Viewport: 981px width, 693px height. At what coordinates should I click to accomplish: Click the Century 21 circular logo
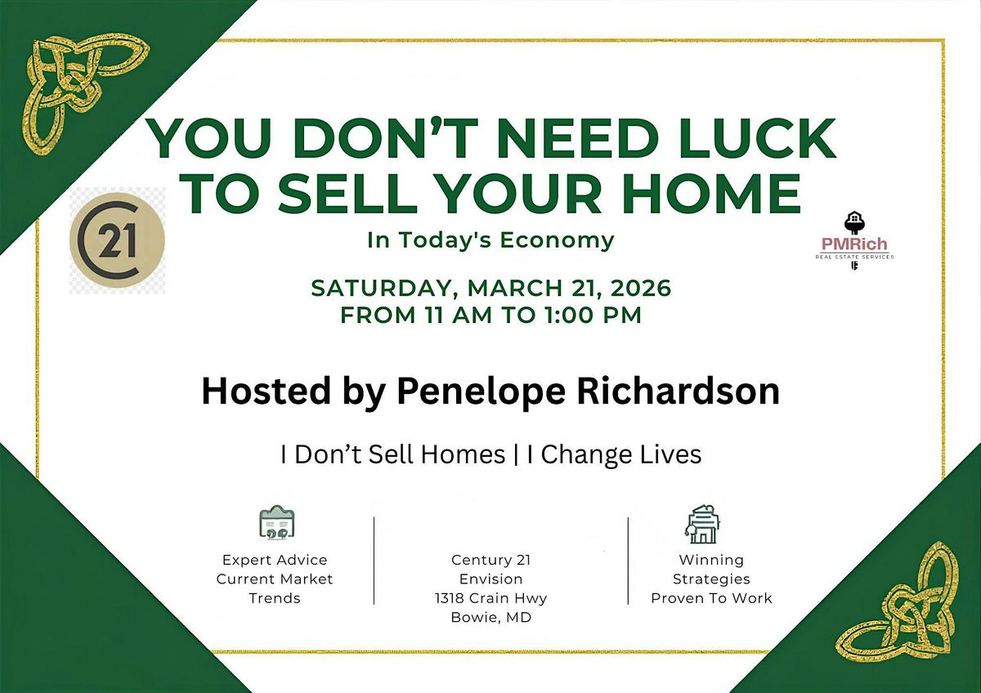tap(117, 240)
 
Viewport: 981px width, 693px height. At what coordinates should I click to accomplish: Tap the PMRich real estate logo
tap(854, 240)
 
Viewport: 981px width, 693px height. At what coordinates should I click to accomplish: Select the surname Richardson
tap(678, 391)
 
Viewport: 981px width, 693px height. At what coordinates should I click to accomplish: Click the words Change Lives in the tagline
tap(621, 455)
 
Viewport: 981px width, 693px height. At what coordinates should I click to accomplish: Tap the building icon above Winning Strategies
tap(702, 524)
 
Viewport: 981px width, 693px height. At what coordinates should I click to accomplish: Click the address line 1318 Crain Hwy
tap(491, 598)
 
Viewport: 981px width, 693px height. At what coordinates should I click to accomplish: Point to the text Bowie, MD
tap(491, 617)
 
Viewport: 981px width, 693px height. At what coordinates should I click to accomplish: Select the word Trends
tap(275, 598)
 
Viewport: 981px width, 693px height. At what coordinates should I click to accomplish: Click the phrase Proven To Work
tap(711, 598)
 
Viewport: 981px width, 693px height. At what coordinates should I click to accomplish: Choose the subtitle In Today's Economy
tap(491, 240)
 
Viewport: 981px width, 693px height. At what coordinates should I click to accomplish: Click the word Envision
tap(491, 579)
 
